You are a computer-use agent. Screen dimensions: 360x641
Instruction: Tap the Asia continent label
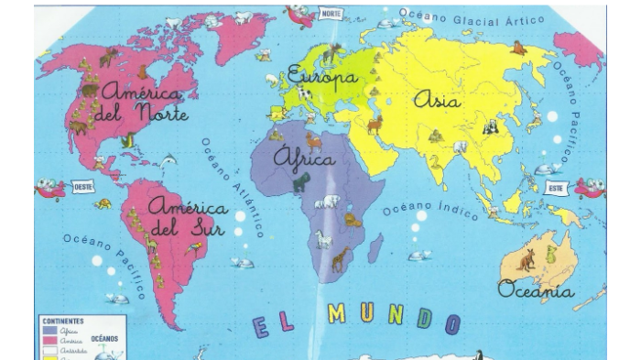[437, 100]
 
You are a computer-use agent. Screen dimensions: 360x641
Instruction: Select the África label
[305, 158]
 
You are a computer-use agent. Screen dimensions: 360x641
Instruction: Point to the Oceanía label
[536, 290]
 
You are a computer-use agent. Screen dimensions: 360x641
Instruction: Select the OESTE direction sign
[84, 187]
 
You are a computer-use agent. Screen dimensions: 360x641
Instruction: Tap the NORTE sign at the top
[330, 16]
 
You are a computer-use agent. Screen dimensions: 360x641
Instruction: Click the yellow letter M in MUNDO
[338, 315]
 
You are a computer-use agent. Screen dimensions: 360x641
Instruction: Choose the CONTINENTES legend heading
[60, 321]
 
